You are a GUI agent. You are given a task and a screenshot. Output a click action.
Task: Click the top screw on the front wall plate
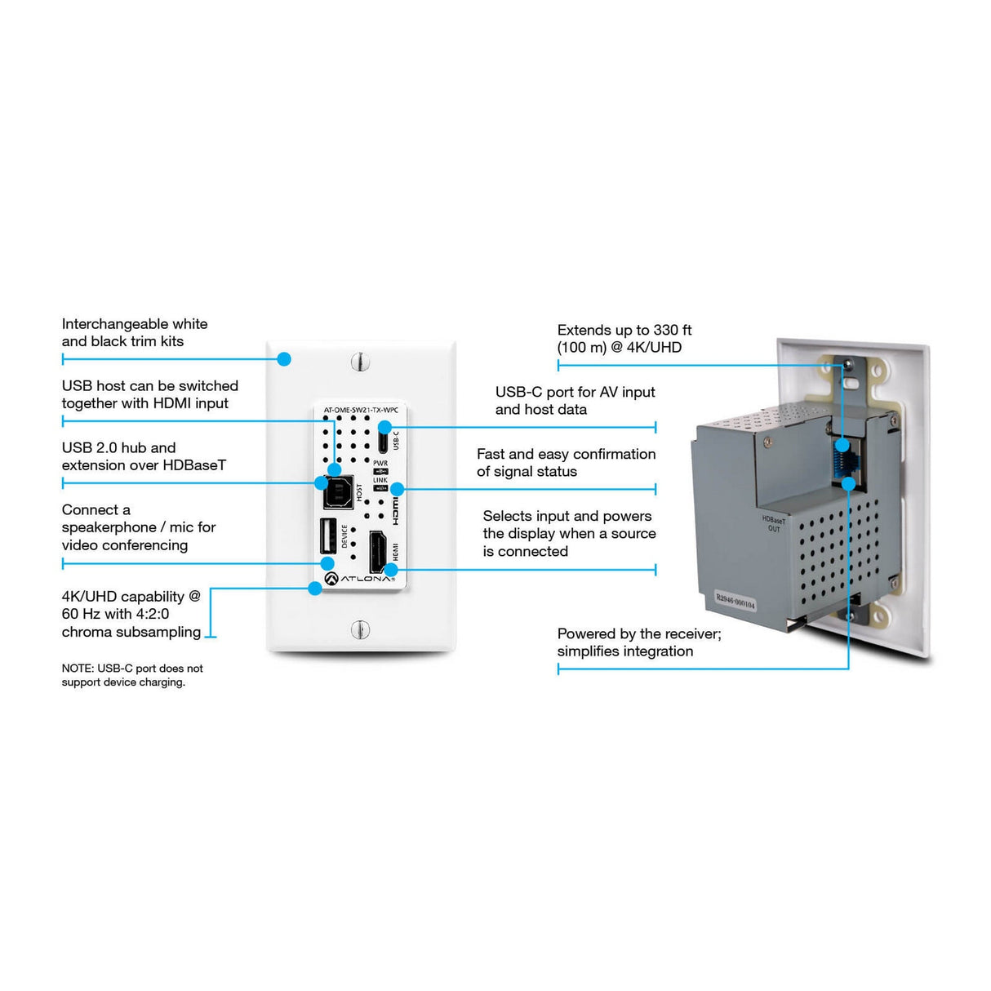coord(361,361)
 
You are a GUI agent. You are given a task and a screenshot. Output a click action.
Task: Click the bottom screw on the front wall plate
coord(360,629)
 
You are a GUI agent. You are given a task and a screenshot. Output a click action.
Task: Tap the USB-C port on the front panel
coord(383,439)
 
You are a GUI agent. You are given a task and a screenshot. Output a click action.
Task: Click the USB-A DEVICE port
coord(326,535)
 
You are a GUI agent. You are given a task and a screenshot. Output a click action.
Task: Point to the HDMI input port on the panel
coord(379,552)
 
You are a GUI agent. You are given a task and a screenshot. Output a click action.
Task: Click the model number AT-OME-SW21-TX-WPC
coord(360,410)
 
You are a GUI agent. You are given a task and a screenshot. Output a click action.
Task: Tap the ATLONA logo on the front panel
coord(360,579)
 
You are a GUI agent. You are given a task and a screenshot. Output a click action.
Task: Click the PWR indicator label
coord(380,463)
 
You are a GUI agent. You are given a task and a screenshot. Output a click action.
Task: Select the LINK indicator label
coord(380,480)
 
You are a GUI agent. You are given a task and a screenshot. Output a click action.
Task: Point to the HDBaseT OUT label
coord(773,524)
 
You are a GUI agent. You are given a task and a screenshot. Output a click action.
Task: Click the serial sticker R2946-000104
coord(735,602)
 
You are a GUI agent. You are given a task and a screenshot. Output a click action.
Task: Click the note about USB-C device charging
coord(131,675)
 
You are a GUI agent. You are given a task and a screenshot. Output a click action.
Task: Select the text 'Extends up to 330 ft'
coord(624,330)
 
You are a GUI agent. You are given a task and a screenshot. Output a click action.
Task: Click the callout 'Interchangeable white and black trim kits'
coord(134,333)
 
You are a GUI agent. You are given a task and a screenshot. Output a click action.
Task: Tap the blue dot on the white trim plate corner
coord(284,359)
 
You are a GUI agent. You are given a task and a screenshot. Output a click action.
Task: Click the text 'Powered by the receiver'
coord(638,633)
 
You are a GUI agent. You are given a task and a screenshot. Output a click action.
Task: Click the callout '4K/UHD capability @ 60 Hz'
coord(131,614)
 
